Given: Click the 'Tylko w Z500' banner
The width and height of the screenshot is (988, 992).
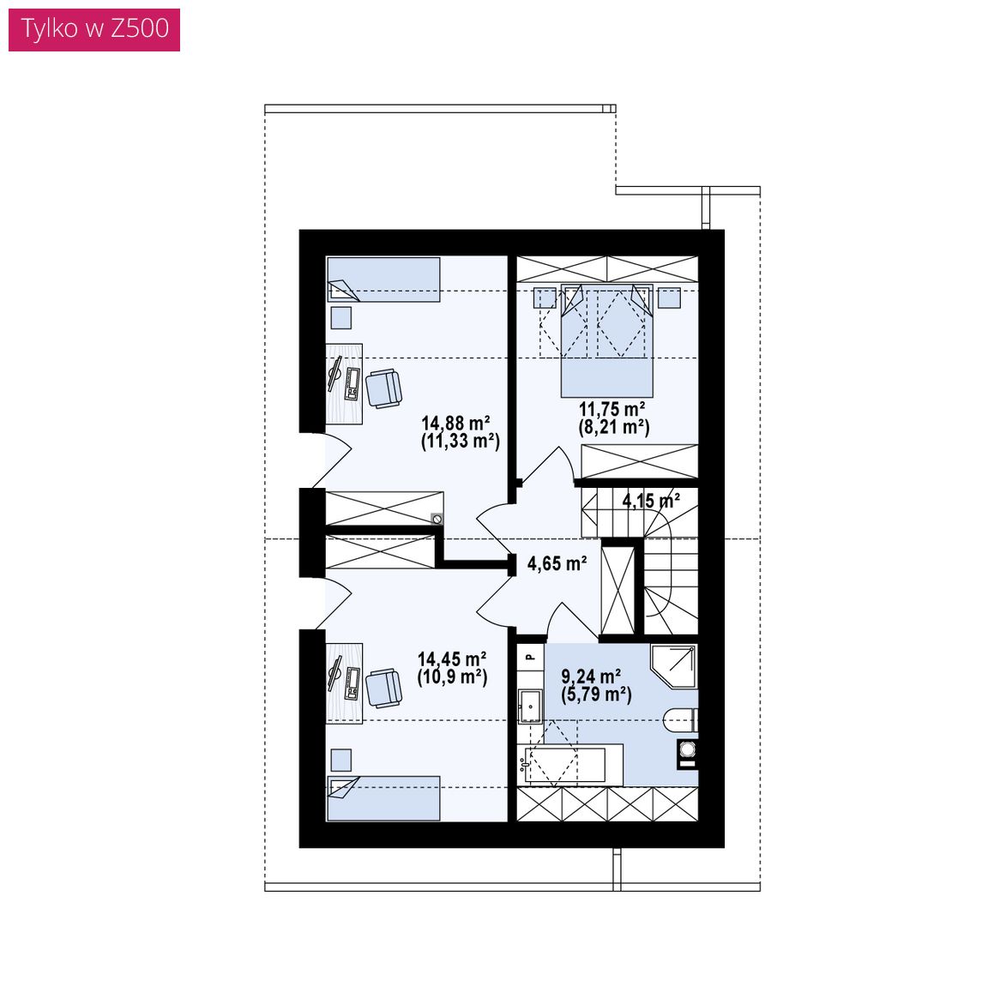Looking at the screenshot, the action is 94,29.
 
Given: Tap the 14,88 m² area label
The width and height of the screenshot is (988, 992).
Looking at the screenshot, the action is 455,423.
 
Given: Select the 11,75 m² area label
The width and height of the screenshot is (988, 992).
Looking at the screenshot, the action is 612,409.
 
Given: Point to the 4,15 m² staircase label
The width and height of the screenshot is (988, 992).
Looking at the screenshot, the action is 651,501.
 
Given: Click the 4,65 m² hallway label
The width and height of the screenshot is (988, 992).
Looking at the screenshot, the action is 557,563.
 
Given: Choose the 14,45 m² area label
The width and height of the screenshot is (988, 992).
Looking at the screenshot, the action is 451,659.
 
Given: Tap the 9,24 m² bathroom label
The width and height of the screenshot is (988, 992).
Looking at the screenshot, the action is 591,676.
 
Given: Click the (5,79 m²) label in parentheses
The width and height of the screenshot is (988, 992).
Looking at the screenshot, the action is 596,694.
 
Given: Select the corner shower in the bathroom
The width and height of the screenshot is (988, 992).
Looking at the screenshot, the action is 674,666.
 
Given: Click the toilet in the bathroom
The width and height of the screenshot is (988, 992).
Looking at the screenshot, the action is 681,720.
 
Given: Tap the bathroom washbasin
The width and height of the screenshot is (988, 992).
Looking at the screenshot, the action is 530,706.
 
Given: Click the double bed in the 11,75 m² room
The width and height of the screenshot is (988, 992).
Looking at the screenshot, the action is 606,341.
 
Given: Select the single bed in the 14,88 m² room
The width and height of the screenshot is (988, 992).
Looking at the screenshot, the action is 383,279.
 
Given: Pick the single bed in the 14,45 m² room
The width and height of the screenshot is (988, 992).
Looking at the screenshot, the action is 383,798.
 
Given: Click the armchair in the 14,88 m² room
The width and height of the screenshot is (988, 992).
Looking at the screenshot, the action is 383,388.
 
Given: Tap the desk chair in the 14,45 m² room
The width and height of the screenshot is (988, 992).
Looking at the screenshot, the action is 383,688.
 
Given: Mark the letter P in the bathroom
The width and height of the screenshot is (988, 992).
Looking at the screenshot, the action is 531,658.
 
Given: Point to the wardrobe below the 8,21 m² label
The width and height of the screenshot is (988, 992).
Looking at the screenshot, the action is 639,461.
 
